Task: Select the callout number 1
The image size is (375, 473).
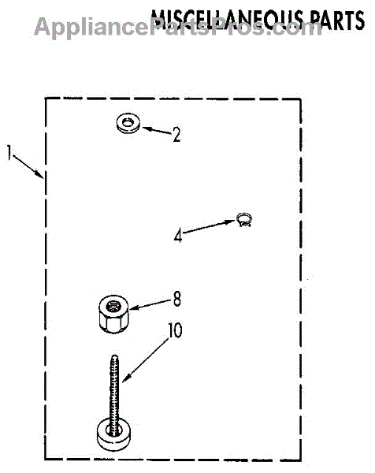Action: tap(9, 153)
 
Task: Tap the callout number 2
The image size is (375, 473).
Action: tap(176, 135)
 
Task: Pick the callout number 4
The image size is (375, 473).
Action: tap(178, 235)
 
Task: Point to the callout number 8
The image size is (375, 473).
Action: tap(177, 299)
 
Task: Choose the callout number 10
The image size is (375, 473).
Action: tap(175, 330)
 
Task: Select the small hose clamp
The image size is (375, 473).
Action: tap(244, 220)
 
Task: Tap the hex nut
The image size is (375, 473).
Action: tap(113, 315)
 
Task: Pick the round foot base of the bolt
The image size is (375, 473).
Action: tap(113, 438)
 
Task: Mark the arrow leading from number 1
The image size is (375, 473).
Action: tap(28, 166)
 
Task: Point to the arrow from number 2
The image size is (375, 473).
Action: tap(157, 131)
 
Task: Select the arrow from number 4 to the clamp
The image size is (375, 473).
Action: tap(209, 226)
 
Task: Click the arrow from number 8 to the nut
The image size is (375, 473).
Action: tap(151, 304)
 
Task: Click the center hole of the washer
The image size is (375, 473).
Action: tap(128, 122)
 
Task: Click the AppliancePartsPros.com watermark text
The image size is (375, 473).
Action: tap(178, 27)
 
